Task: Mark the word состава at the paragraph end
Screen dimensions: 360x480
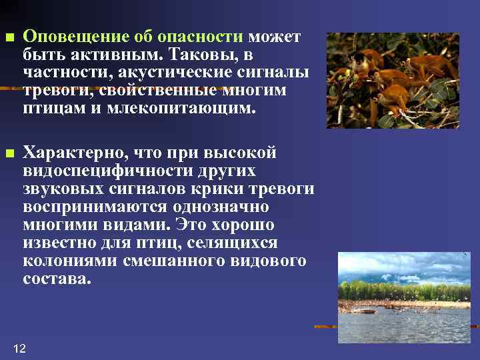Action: (x=54, y=279)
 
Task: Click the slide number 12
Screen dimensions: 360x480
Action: (x=19, y=348)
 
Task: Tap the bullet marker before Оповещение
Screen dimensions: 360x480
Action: (x=8, y=37)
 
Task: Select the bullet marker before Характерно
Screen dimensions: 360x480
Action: (x=8, y=154)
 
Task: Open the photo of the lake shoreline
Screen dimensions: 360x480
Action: (x=404, y=297)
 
